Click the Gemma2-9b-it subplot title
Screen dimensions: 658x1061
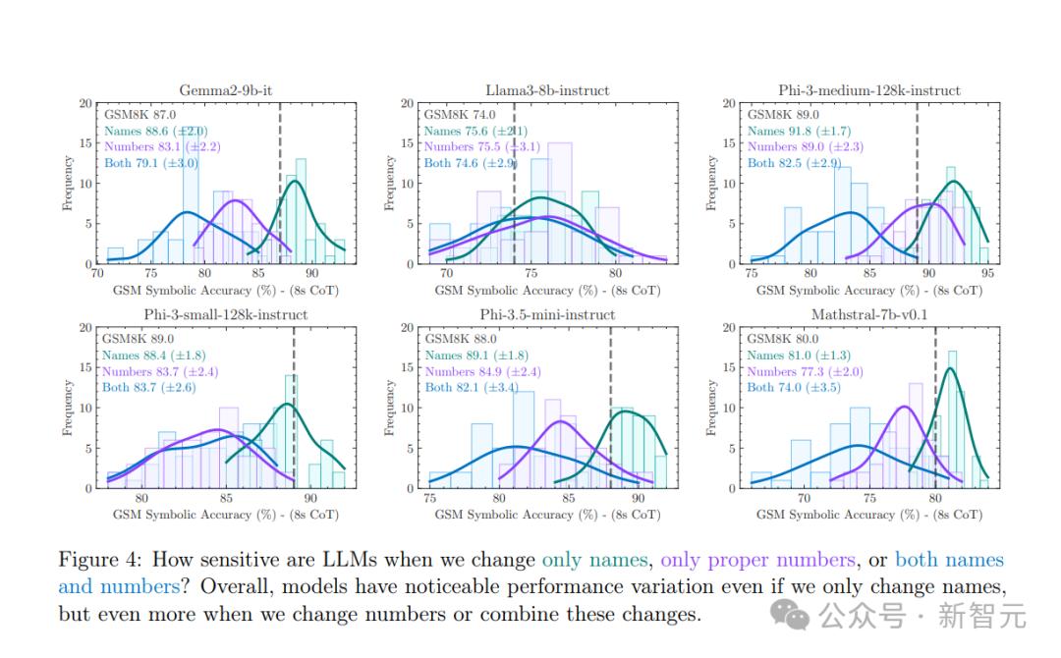(225, 90)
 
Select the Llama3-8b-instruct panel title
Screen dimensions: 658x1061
(547, 90)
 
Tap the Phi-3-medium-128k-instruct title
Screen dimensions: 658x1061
(869, 90)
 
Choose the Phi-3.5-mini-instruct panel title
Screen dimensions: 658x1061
(547, 314)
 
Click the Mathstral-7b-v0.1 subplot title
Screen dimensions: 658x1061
(869, 314)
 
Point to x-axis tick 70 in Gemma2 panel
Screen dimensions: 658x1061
(97, 274)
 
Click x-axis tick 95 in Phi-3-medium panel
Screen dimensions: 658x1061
(987, 274)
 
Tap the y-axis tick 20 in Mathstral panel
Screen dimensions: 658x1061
(729, 327)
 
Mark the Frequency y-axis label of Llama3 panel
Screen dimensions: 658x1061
(390, 183)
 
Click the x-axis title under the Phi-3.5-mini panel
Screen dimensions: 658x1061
(547, 515)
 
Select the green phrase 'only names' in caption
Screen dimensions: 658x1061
(594, 561)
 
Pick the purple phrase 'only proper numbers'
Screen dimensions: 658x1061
(757, 561)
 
